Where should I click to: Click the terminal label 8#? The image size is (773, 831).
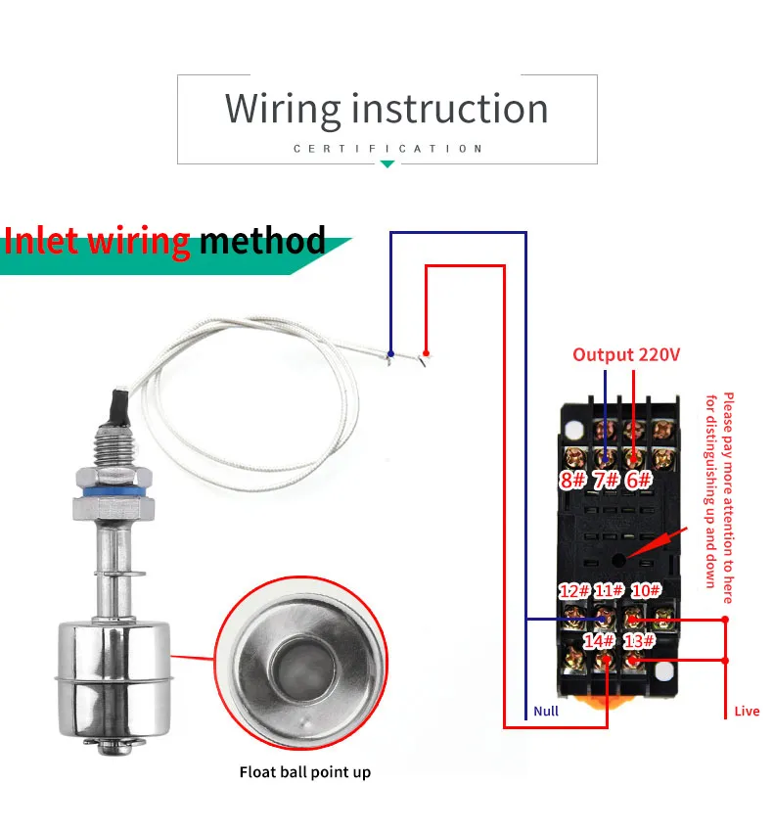pyautogui.click(x=572, y=481)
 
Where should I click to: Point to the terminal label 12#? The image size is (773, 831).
pyautogui.click(x=573, y=591)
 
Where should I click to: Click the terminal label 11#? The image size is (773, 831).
pyautogui.click(x=609, y=591)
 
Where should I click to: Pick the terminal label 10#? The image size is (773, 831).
pyautogui.click(x=646, y=590)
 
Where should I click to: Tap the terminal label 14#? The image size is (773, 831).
pyautogui.click(x=599, y=641)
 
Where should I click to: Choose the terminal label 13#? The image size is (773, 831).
pyautogui.click(x=638, y=641)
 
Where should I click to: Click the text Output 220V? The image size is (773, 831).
pyautogui.click(x=625, y=355)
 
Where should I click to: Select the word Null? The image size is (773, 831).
pyautogui.click(x=546, y=711)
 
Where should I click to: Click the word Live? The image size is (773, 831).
pyautogui.click(x=747, y=711)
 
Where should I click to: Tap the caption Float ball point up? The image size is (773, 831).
pyautogui.click(x=305, y=772)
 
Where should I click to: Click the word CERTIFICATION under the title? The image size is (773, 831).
pyautogui.click(x=387, y=149)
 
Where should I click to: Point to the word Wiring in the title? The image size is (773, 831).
pyautogui.click(x=284, y=109)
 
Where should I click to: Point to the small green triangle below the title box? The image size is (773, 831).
pyautogui.click(x=387, y=164)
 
